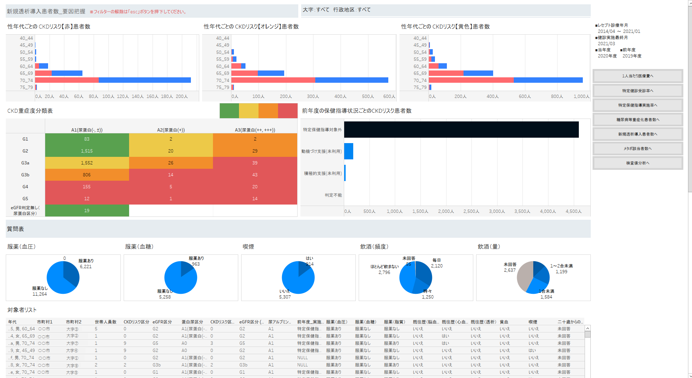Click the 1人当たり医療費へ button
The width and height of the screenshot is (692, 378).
[637, 76]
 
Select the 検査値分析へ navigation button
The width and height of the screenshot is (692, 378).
[637, 163]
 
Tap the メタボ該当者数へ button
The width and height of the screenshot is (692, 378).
[637, 149]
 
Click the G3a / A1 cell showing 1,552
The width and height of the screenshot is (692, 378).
[87, 163]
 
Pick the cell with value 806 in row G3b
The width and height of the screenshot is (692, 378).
[87, 175]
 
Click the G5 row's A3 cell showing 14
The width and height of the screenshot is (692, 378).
[255, 199]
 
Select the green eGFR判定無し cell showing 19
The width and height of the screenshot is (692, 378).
[87, 211]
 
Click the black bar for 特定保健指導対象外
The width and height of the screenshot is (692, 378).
[461, 130]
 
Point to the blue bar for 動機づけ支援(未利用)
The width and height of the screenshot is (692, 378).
[349, 151]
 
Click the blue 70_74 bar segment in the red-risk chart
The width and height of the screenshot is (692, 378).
[145, 80]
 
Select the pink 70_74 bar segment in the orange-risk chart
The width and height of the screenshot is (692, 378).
[273, 80]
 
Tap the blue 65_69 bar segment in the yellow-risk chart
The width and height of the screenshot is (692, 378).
[478, 73]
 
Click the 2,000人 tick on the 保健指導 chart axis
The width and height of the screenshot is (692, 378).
[446, 211]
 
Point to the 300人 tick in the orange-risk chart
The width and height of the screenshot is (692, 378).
[313, 96]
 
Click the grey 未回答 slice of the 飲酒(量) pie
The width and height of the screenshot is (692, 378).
[524, 276]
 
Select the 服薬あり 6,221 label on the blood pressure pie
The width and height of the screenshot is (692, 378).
[86, 264]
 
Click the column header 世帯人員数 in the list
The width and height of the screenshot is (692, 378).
[105, 322]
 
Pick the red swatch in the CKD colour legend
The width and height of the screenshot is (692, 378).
[287, 111]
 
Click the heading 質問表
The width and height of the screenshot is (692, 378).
[16, 229]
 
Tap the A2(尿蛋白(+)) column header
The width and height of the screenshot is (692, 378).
[171, 130]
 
